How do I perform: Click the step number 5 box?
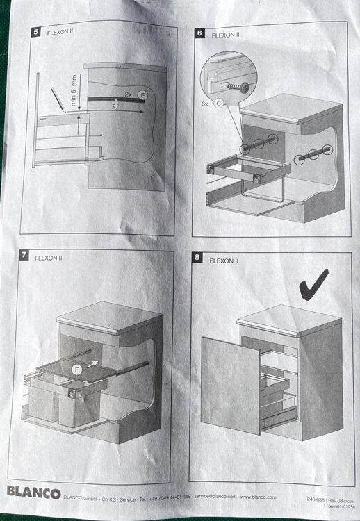(x=35, y=31)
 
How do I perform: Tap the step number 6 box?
(x=199, y=33)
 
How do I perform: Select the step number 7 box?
(x=24, y=256)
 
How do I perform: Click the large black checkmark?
(x=312, y=283)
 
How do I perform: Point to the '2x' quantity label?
(x=128, y=94)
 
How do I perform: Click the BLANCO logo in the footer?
(x=33, y=493)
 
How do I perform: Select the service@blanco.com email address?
(x=216, y=497)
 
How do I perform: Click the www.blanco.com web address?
(x=259, y=497)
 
